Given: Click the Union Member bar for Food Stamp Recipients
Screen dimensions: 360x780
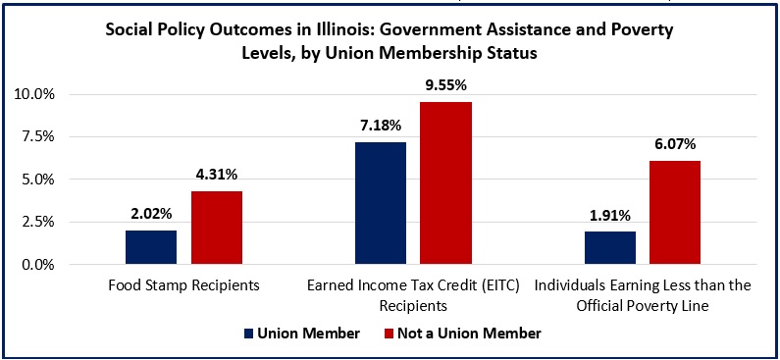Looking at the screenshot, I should (151, 247).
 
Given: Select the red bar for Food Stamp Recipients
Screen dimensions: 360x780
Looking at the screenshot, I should (217, 228).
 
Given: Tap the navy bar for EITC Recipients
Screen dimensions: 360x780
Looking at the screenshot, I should (381, 203).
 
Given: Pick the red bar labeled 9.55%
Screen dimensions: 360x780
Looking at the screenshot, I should (446, 183).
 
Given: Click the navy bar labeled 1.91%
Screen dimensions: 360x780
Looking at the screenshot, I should (609, 248).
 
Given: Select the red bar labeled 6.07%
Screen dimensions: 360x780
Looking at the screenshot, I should (675, 213).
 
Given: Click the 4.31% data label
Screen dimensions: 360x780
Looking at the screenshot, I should (217, 176).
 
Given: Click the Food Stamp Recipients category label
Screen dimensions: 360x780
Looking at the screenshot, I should (183, 287).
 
